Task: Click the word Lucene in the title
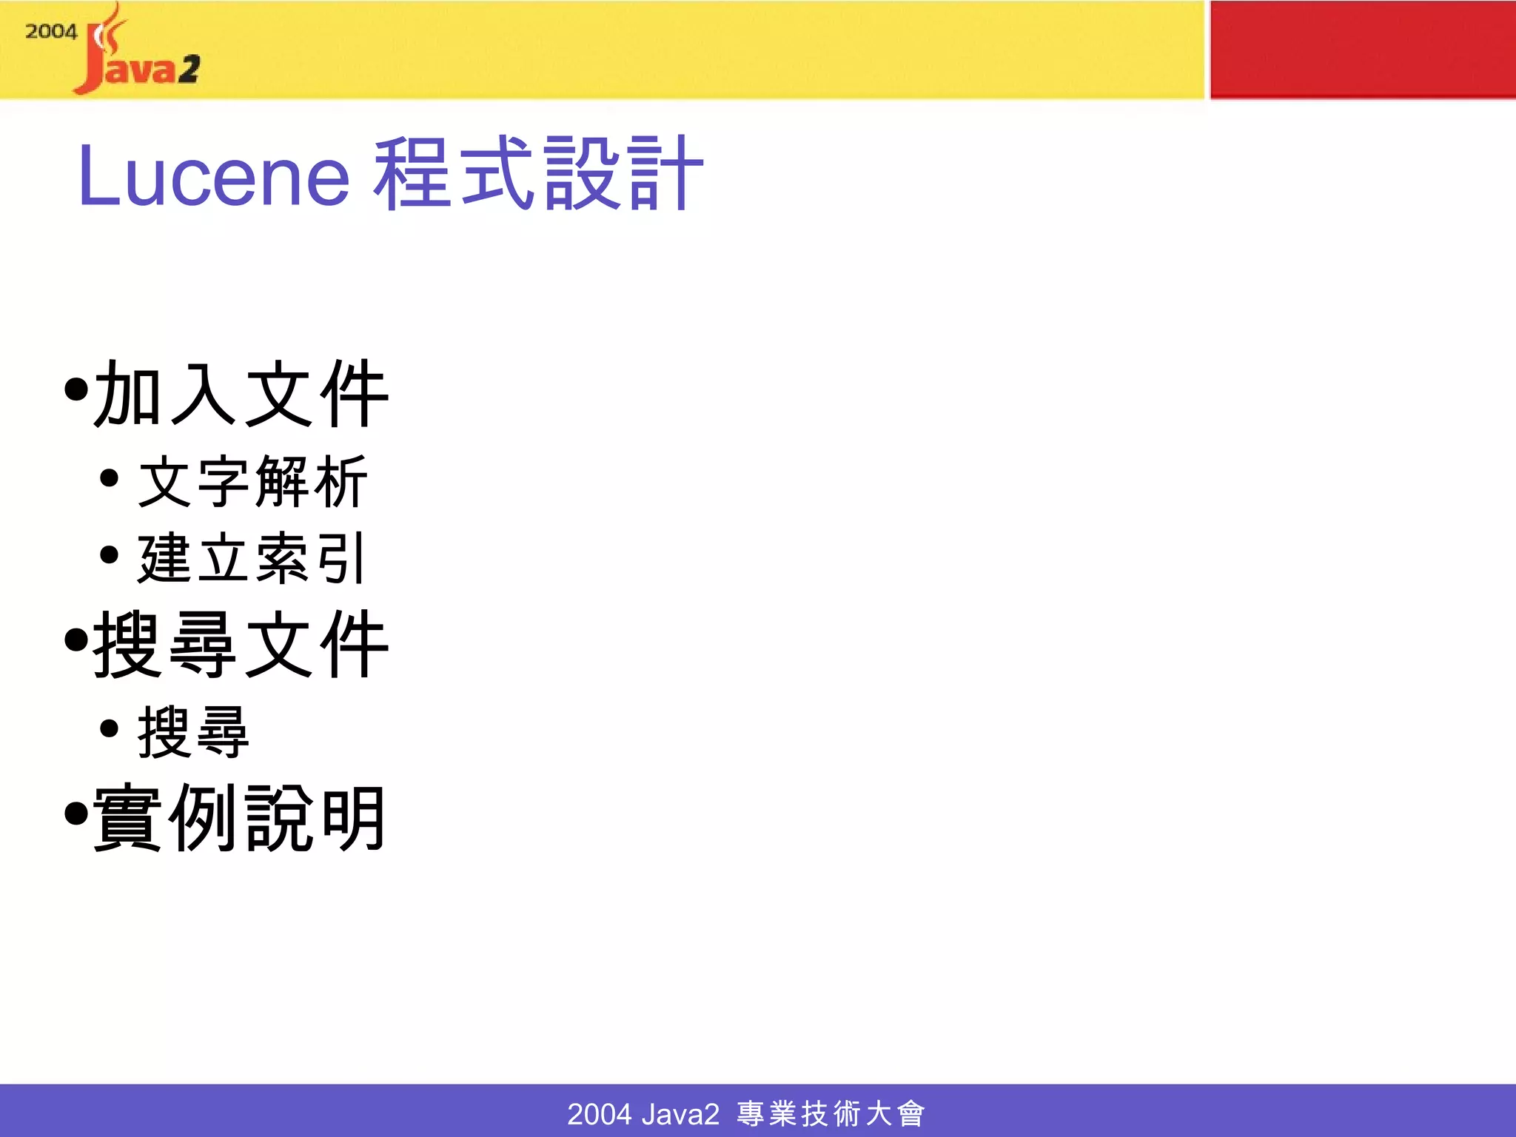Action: click(x=213, y=176)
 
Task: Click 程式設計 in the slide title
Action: click(x=538, y=175)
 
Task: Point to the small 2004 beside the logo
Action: click(x=51, y=32)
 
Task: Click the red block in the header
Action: click(x=1362, y=50)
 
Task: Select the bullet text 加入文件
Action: click(x=241, y=395)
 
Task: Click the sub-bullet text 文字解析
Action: click(x=252, y=482)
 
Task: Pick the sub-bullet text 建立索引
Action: click(x=252, y=558)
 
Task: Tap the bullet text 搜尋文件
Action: click(x=241, y=644)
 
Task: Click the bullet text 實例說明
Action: click(x=239, y=818)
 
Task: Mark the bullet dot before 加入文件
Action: click(x=76, y=389)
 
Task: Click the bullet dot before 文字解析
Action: click(x=109, y=478)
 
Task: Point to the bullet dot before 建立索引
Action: click(x=109, y=554)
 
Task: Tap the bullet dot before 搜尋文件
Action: click(x=76, y=640)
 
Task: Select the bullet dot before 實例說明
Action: click(x=76, y=814)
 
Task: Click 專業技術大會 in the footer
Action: click(x=831, y=1113)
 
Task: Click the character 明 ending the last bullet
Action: click(x=355, y=818)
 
